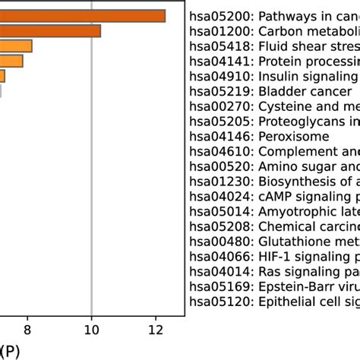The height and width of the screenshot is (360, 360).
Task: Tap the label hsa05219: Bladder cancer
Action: coord(262,91)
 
